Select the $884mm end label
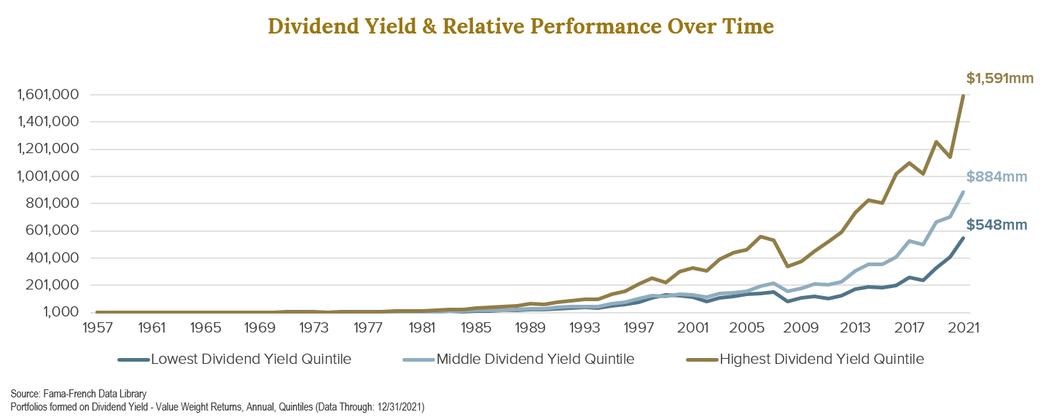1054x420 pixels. [996, 176]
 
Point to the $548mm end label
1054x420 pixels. [996, 226]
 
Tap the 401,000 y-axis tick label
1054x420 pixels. [48, 258]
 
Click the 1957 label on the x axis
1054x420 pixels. [97, 327]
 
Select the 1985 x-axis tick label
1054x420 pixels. [475, 327]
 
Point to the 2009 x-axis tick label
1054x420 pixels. [800, 327]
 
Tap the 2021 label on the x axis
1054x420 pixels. [962, 327]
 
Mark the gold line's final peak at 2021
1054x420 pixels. [963, 96]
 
